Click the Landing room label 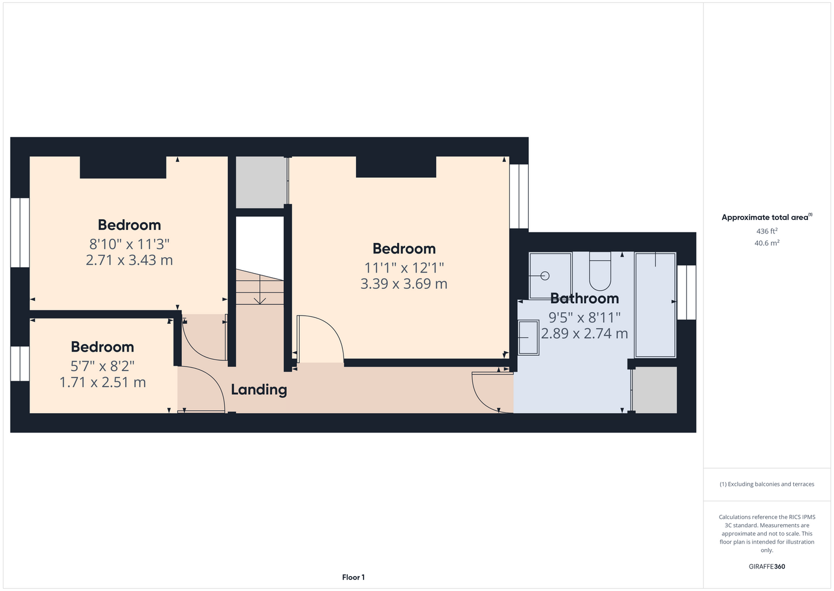pos(259,389)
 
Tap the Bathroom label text pos(584,298)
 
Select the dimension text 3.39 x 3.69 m pos(404,284)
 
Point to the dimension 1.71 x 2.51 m pos(103,382)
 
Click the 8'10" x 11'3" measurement pos(129,244)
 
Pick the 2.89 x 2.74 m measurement pos(584,333)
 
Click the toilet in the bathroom pos(600,271)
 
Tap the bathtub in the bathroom pos(655,305)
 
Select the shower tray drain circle pos(545,276)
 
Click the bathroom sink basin pos(528,337)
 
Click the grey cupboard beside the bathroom pos(656,390)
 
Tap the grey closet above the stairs pos(261,183)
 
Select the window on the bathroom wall pos(686,293)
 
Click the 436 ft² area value pos(767,231)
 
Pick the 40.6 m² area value pos(767,243)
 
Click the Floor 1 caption pos(354,577)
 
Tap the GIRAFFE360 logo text pos(767,566)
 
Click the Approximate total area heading pos(767,217)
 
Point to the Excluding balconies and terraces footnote pos(767,484)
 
